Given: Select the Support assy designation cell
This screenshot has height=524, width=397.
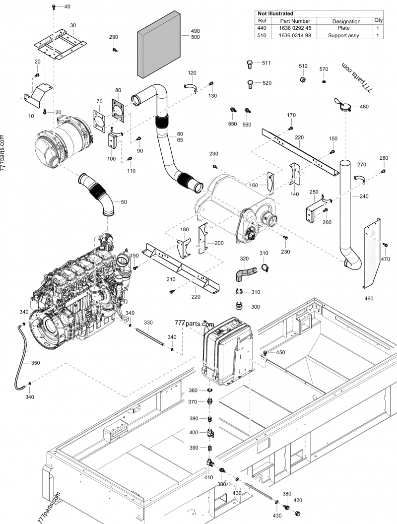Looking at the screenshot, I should (346, 36).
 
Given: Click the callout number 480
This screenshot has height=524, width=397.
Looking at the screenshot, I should (364, 107).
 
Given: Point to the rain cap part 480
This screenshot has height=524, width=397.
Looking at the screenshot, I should (343, 106).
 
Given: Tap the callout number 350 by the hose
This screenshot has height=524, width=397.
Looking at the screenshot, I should (35, 363).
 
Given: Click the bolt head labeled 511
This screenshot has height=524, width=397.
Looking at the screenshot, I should (250, 64).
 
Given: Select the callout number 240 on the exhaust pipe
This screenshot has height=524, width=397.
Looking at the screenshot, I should (364, 197).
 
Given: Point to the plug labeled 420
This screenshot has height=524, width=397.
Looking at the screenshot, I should (298, 512).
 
